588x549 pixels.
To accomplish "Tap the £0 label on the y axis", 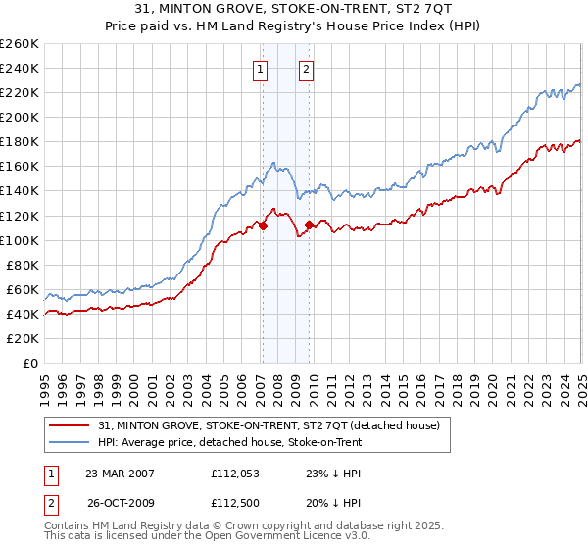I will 31,363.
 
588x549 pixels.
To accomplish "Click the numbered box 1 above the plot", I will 261,69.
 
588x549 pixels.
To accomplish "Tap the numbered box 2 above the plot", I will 307,69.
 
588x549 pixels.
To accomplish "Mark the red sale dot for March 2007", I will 263,225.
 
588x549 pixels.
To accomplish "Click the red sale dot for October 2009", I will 309,225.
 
